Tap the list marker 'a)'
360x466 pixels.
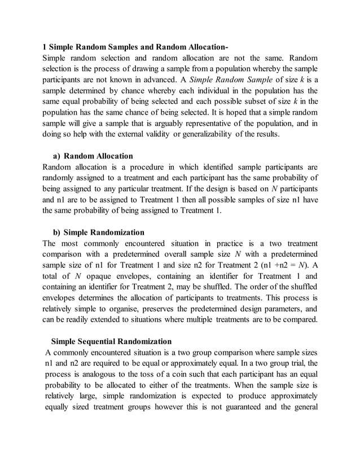point(56,156)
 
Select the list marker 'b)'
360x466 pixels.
point(56,232)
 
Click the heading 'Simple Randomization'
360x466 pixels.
point(104,232)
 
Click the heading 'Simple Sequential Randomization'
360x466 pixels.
point(111,341)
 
